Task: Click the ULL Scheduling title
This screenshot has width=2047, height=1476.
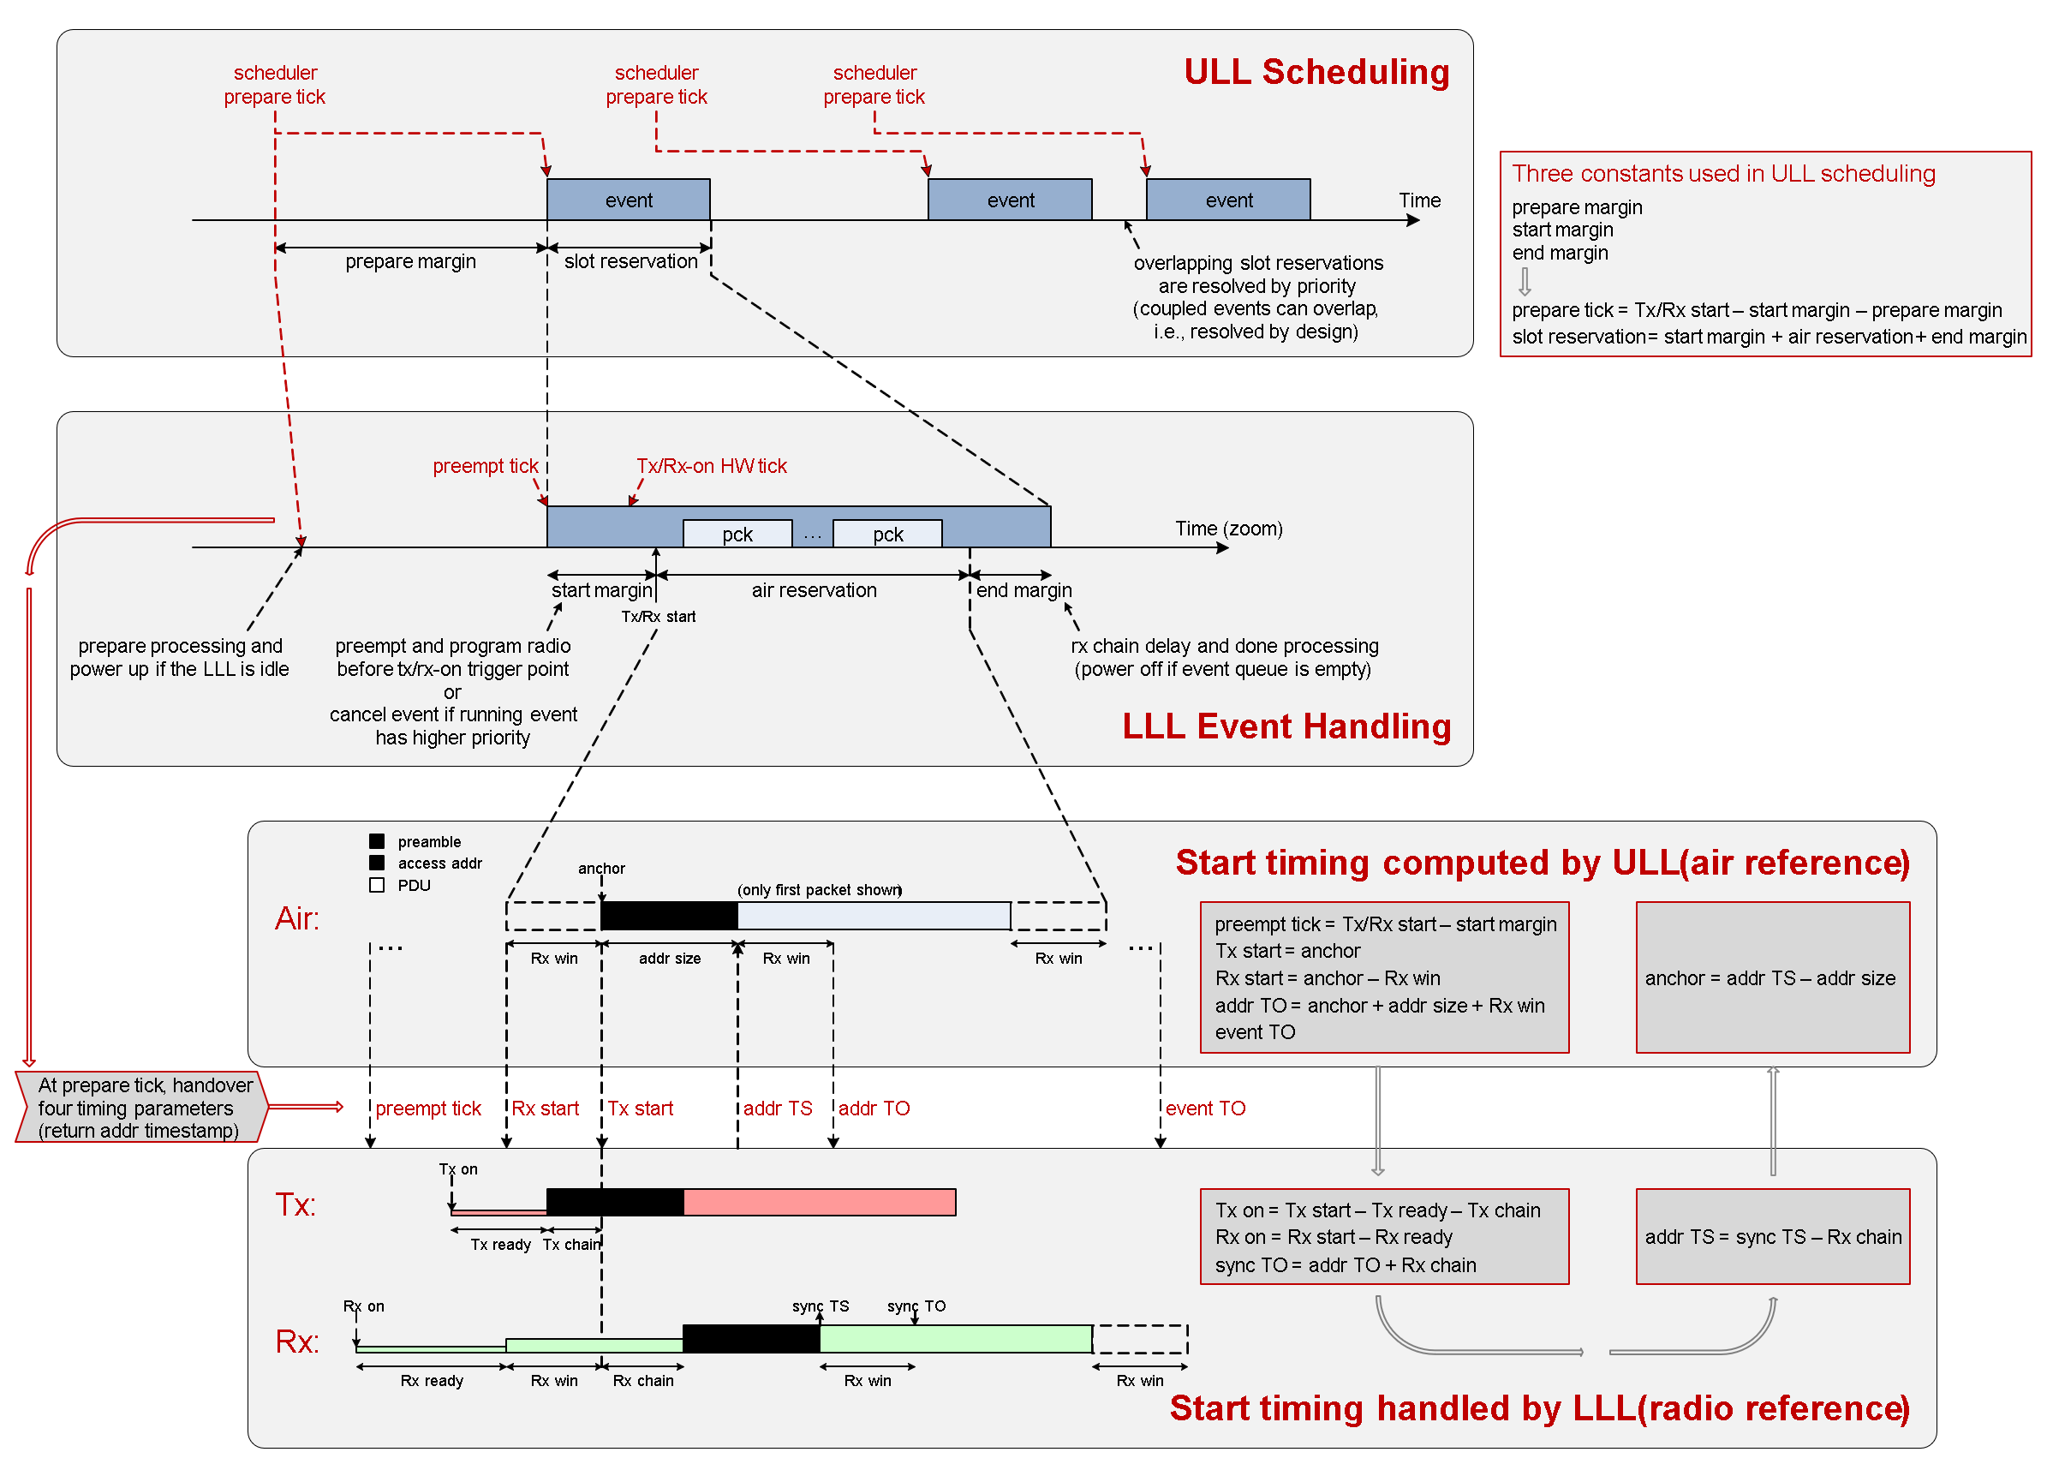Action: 1316,72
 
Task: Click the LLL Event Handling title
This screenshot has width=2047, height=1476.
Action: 1286,726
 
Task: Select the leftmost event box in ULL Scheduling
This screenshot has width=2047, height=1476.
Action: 628,200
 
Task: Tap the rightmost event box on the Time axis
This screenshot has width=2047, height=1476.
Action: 1227,200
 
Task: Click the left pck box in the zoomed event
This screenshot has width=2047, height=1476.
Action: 737,534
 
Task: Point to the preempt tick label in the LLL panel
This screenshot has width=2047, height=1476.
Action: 485,466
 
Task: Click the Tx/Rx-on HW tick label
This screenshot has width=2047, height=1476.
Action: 711,466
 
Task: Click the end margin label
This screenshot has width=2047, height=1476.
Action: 1023,590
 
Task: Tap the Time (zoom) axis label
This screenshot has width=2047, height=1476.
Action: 1227,528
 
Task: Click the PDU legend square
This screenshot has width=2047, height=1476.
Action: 377,885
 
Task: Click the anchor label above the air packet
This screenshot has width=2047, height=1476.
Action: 601,869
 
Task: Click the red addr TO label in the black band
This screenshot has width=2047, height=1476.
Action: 874,1108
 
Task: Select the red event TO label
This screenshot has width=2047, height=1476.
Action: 1205,1108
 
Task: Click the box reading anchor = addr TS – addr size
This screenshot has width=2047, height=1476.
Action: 1772,977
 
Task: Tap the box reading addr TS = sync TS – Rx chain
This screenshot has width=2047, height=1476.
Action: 1772,1237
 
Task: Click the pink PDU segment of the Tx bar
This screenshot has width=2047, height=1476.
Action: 819,1203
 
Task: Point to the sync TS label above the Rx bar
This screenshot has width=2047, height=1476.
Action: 820,1306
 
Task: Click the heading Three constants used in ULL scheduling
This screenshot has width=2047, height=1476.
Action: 1723,173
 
